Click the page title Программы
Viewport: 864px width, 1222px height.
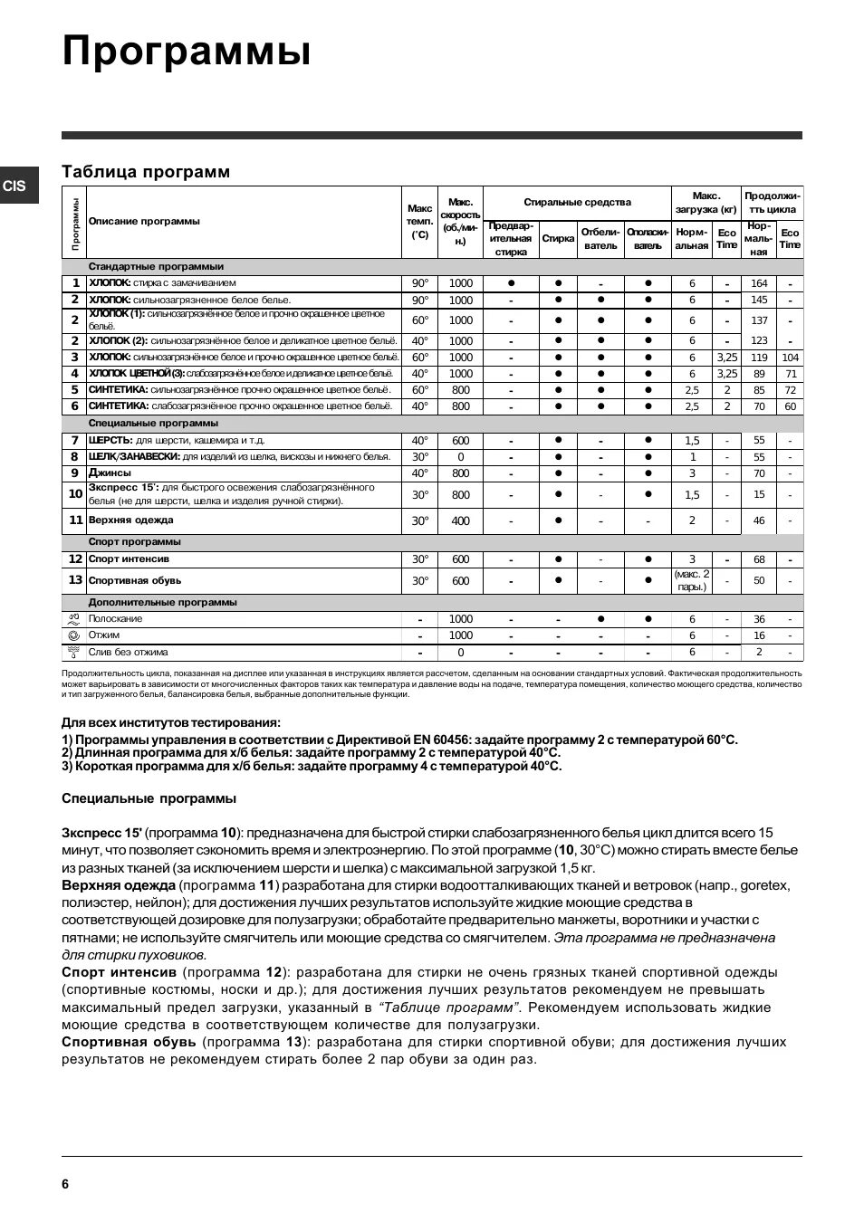187,53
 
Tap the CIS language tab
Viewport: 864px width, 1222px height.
15,186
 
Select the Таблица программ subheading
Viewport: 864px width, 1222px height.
146,172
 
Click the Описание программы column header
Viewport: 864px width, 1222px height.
144,222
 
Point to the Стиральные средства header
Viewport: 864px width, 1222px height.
577,203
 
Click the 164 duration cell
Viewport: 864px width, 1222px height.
759,283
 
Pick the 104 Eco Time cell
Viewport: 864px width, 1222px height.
790,358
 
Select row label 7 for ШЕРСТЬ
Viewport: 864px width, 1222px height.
75,440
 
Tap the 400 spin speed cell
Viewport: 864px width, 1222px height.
460,521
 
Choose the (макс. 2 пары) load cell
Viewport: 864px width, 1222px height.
692,580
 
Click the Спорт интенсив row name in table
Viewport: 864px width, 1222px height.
129,559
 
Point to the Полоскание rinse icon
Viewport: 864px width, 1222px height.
74,619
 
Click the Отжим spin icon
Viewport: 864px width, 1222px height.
74,635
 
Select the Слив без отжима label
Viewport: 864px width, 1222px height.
128,652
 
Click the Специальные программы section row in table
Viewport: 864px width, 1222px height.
153,424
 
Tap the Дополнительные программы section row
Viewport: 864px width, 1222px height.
162,602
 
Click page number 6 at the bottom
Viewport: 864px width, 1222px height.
65,1184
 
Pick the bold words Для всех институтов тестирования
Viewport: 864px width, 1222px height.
171,722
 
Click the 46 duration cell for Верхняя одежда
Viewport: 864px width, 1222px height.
759,521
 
